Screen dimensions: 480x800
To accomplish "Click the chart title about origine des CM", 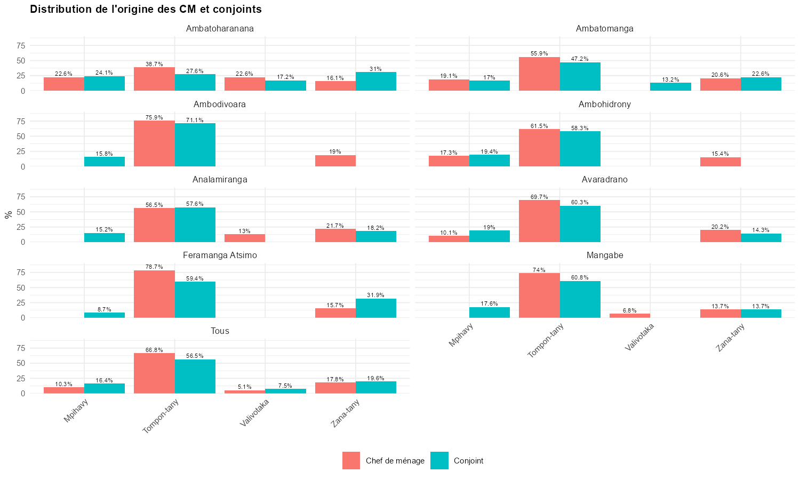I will (146, 9).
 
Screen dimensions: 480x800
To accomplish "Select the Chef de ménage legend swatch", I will (351, 461).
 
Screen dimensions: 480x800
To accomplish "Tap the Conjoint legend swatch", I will (439, 461).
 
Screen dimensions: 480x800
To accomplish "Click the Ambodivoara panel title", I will (220, 105).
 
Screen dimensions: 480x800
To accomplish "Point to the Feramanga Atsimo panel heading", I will (220, 255).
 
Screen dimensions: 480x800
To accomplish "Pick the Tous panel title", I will (220, 331).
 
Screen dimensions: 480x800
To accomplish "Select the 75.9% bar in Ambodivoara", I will (154, 143).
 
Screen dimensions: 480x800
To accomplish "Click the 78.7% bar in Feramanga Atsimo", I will (154, 294).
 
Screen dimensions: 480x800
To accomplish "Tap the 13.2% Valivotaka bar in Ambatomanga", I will (670, 87).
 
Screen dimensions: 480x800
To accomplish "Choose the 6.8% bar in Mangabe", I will (630, 316).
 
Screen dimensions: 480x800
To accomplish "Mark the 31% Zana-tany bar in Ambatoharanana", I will (376, 82).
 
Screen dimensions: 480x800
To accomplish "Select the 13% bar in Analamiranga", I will (245, 238).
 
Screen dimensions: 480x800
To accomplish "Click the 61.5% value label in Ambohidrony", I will (539, 126).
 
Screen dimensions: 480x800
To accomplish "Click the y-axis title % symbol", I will (8, 215).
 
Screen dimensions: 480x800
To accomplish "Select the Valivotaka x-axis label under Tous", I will (255, 413).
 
